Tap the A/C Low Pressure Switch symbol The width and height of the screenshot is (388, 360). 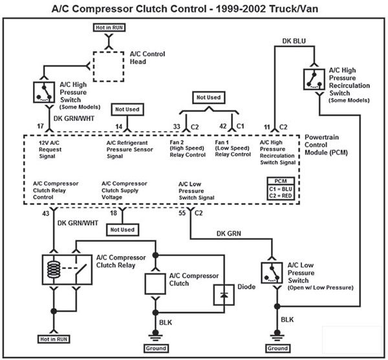pyautogui.click(x=271, y=273)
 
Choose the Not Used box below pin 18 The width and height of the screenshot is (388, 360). pyautogui.click(x=122, y=229)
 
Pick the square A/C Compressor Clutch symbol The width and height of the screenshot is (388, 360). pyautogui.click(x=155, y=282)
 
